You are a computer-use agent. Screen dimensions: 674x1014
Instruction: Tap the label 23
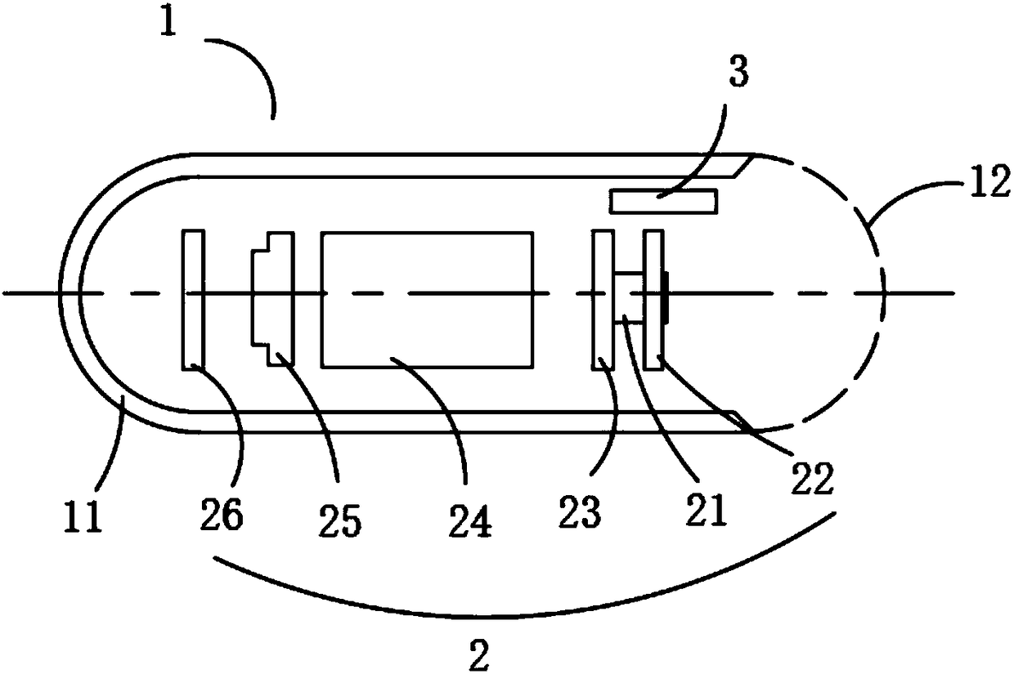tap(581, 512)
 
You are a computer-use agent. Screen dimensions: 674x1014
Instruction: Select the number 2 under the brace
tap(480, 654)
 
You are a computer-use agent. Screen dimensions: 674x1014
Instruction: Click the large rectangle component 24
tap(428, 299)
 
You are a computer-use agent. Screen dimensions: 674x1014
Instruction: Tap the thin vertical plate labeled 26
tap(193, 300)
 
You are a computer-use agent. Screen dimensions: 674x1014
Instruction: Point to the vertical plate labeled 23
tap(603, 300)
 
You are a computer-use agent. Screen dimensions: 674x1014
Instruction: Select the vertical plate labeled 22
tap(653, 300)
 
